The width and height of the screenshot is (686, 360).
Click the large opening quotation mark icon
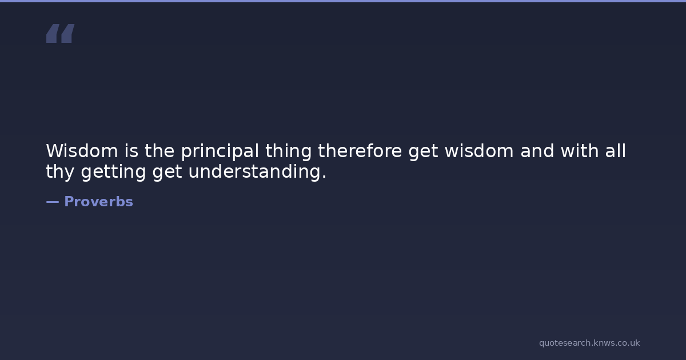(61, 33)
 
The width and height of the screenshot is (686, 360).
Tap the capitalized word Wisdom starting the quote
(82, 151)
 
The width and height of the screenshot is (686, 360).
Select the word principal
(220, 151)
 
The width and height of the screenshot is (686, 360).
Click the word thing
(289, 151)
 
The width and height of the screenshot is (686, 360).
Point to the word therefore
(360, 151)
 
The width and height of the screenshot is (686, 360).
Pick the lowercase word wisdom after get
(479, 151)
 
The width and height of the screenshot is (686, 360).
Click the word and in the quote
(537, 151)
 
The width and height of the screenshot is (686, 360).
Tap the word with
(580, 151)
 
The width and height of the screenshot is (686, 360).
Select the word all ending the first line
(616, 151)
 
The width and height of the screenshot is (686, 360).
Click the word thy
(61, 172)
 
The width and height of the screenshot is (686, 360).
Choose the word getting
(113, 172)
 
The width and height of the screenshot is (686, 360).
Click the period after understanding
(324, 177)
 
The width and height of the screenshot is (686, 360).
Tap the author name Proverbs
(98, 202)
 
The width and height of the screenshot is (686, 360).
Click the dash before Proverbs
(53, 202)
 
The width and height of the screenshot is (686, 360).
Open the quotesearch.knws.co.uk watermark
(589, 343)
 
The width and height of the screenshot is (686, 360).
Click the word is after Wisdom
(131, 151)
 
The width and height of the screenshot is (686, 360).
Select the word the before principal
(159, 151)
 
